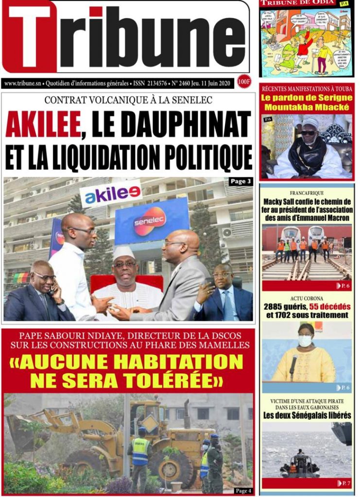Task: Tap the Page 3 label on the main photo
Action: (x=240, y=182)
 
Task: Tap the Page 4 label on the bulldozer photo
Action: (x=242, y=490)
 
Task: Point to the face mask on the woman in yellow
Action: (x=305, y=341)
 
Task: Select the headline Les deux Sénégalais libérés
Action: (x=307, y=415)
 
